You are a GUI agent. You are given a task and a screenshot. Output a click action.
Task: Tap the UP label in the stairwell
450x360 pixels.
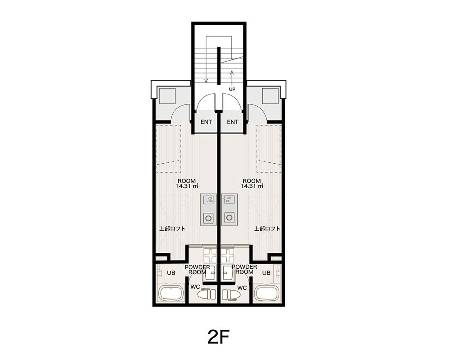coord(232,89)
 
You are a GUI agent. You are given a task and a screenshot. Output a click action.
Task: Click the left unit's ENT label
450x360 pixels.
coord(206,122)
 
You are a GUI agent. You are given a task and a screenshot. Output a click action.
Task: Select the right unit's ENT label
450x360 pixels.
coord(232,122)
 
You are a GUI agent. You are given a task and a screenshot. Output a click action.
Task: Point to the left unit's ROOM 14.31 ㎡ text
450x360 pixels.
coord(187,183)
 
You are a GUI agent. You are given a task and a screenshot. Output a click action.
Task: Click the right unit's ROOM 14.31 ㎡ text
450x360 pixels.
coord(252,183)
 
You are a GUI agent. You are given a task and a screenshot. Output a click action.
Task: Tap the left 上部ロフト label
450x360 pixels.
coord(172,229)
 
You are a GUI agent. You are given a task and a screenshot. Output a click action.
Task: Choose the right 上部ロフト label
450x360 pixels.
coord(267,229)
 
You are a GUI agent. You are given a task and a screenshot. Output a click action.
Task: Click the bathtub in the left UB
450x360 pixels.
coord(171,293)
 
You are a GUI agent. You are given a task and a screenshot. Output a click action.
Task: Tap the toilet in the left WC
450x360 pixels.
coord(207,294)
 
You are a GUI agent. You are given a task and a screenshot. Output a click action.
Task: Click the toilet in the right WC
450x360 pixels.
coord(230,294)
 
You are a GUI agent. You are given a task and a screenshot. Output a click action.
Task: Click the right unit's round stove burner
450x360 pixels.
coord(229,217)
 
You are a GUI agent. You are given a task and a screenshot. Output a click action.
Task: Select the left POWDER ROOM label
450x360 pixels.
coord(197,270)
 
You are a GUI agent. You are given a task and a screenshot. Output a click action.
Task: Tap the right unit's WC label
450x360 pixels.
coord(242,288)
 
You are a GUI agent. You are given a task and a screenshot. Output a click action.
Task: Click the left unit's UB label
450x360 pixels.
coord(171,273)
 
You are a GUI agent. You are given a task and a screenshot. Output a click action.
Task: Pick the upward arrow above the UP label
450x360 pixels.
coord(232,77)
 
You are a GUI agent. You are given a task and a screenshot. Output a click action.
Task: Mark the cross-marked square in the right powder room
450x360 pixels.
coord(228,256)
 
